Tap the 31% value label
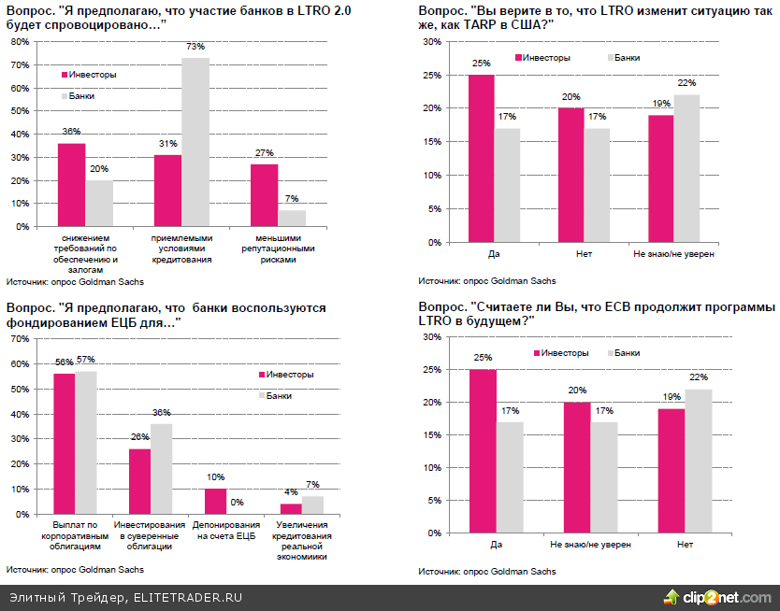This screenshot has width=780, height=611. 168,144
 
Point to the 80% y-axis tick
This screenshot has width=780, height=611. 19,43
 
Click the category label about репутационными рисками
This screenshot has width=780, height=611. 278,249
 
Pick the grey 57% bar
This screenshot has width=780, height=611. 86,442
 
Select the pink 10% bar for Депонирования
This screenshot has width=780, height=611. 215,501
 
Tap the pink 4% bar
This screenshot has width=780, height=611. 292,508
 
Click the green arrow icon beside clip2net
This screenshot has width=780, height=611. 671,597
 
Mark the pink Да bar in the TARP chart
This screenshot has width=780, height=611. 481,159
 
